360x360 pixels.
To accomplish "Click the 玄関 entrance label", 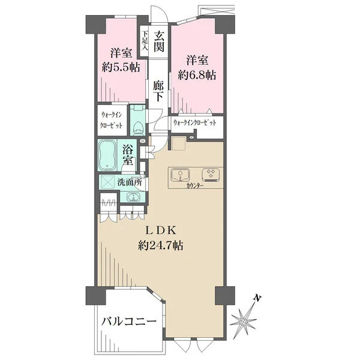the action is (x=159, y=41).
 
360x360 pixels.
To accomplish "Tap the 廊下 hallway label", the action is (x=158, y=91).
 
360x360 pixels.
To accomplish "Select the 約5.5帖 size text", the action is (x=121, y=67).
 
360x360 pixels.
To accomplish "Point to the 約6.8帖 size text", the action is (x=197, y=75).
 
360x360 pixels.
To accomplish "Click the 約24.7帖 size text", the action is (x=161, y=245).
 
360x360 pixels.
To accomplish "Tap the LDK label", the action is (x=161, y=230).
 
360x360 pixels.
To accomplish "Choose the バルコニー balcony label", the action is (x=129, y=321).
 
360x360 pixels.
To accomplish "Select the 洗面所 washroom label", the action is (x=130, y=182).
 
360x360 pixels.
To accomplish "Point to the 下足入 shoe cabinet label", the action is (x=145, y=41).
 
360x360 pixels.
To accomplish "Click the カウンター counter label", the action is (x=195, y=186).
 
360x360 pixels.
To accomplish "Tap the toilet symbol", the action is (x=138, y=127).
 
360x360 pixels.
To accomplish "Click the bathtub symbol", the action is (x=107, y=155).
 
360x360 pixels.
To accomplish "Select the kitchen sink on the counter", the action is (x=181, y=175).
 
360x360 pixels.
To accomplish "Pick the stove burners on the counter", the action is (x=211, y=175).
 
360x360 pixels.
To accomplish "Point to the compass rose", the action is (x=244, y=320).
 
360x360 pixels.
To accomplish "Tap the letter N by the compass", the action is (x=257, y=298).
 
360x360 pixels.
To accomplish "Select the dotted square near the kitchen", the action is (x=178, y=144).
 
